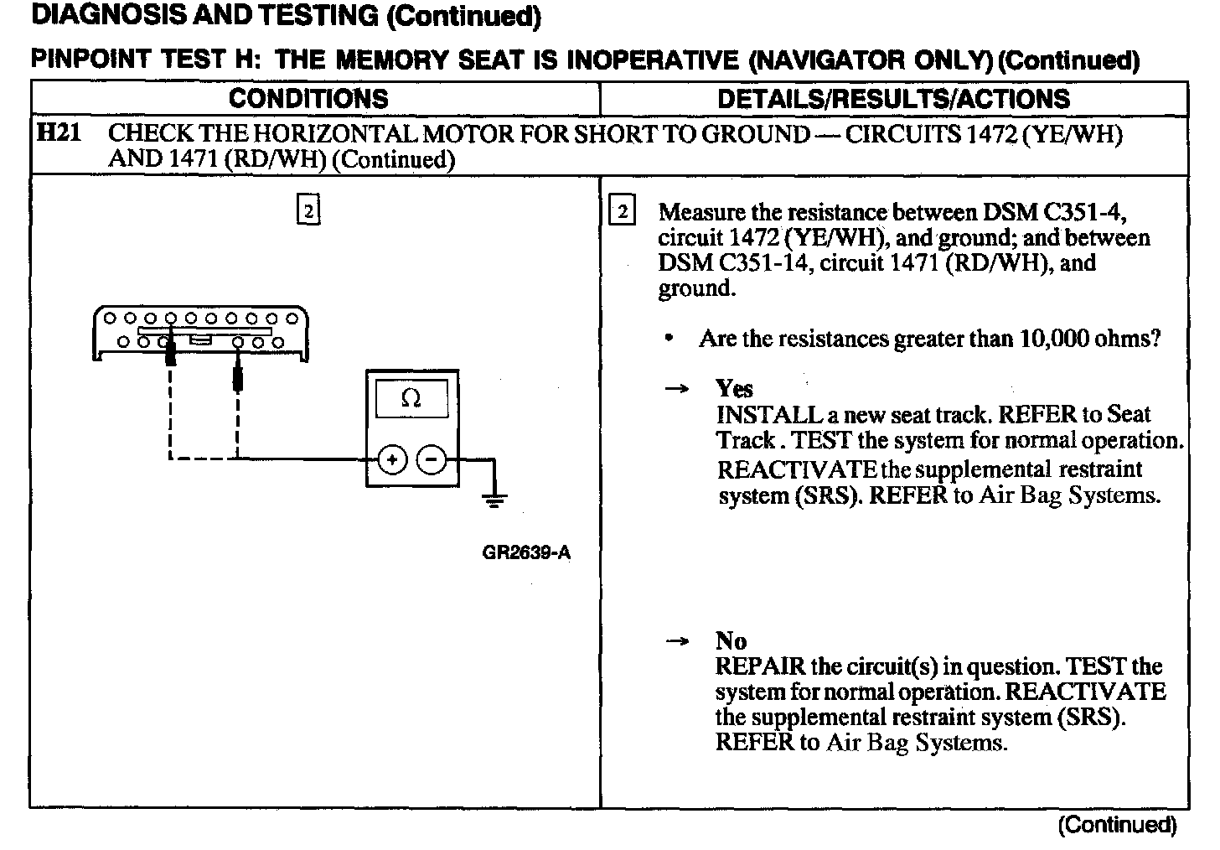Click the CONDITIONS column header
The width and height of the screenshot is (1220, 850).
tap(308, 99)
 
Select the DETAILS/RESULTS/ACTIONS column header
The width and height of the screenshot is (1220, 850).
tap(893, 99)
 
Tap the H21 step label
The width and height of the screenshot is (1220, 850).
tap(58, 132)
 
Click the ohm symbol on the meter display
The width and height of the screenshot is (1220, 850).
tap(411, 400)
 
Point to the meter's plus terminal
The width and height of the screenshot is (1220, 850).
tap(392, 459)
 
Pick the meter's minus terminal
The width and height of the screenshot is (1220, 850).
tap(432, 459)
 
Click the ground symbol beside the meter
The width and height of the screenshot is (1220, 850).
tap(495, 500)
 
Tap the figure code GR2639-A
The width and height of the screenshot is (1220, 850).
tap(526, 552)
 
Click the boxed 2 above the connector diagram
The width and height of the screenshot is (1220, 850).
tap(308, 211)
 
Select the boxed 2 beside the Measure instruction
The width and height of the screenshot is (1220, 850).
tap(622, 211)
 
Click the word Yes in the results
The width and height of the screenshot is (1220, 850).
tap(734, 389)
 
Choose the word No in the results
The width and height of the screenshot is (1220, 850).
tap(731, 641)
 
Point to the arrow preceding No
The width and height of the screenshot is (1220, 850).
tap(677, 641)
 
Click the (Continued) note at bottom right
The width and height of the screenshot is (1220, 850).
tap(1117, 825)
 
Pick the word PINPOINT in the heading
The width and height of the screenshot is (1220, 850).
tap(90, 60)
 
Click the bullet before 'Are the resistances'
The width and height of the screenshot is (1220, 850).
tap(668, 339)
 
